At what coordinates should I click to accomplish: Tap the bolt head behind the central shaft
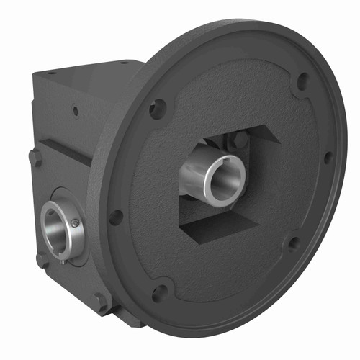(234, 142)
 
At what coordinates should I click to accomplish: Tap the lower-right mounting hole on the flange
(294, 243)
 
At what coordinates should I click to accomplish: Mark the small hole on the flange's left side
(114, 216)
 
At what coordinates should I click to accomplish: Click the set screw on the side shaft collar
(75, 224)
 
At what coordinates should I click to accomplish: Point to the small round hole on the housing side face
(75, 112)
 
